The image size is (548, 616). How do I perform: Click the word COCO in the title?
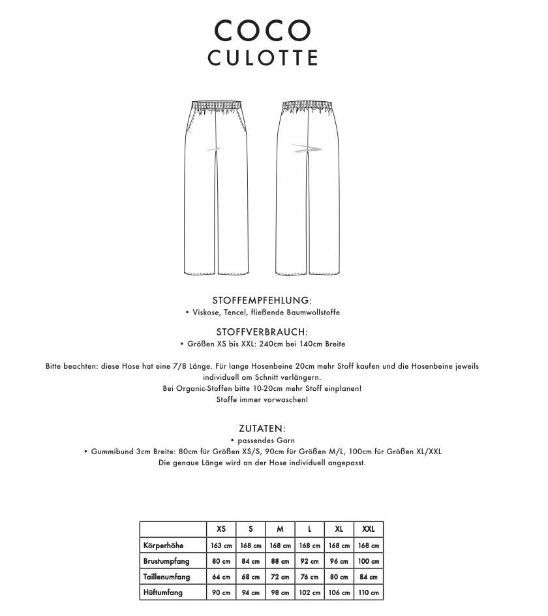262,29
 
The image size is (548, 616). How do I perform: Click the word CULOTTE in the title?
262,58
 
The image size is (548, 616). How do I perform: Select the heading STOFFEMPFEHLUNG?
262,300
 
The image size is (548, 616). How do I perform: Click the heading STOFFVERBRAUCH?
262,332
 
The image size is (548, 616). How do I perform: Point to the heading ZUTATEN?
262,429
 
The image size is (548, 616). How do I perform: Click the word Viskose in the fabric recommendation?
205,313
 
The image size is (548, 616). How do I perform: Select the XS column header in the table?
221,529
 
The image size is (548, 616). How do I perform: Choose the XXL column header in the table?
368,529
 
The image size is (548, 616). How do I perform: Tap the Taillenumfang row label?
166,577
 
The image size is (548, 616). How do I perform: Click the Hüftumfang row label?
163,593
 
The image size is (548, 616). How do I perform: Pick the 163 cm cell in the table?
221,545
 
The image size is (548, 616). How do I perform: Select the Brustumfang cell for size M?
280,561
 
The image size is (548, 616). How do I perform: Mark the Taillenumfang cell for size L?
309,577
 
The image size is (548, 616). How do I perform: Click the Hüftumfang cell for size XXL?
368,593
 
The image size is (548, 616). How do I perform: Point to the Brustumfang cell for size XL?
339,561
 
